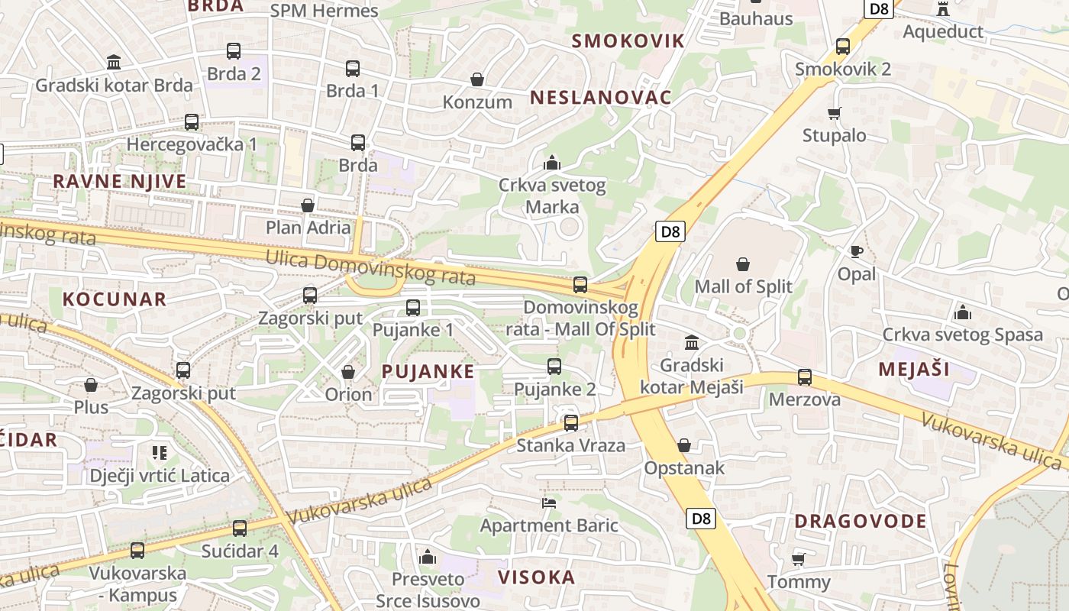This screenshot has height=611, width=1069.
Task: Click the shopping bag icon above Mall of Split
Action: pos(743,265)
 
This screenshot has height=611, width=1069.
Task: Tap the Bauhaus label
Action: pos(756,18)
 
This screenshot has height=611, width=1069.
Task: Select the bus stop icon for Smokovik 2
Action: pos(843,47)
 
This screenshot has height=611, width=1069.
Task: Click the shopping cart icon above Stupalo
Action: pos(834,114)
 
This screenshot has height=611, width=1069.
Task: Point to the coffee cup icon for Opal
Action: pos(857,251)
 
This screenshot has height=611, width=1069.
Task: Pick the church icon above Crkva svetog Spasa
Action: pos(963,312)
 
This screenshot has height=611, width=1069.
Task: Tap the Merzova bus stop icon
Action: pos(805,377)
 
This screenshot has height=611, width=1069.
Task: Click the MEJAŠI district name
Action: pos(914,370)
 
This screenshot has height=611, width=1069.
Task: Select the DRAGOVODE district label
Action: pos(861,522)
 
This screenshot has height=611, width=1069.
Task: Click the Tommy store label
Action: pos(799,582)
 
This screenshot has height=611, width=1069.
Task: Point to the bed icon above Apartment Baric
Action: pos(548,503)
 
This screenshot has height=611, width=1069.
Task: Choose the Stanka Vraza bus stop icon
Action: pos(571,423)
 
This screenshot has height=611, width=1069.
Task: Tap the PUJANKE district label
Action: pos(428,372)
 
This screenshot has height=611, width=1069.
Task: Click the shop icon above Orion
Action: pos(348,372)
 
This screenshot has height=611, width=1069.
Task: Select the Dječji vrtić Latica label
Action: pos(160,476)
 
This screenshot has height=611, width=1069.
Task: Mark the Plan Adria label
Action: pos(308,228)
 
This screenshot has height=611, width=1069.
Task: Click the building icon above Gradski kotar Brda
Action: pos(114,62)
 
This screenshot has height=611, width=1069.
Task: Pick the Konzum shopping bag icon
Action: pos(477,79)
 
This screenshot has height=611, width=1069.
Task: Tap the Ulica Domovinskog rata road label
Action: pos(370,267)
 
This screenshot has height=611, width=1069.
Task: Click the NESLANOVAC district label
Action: pos(600,98)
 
